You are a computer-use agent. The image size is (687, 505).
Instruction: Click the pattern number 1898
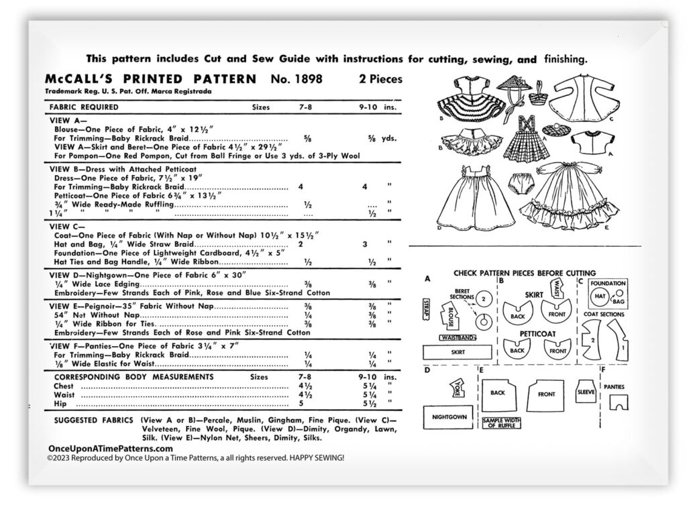click(298, 79)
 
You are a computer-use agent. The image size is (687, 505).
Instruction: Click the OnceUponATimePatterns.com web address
click(111, 449)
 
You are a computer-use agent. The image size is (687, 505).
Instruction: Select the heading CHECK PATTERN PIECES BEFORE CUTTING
click(524, 273)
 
